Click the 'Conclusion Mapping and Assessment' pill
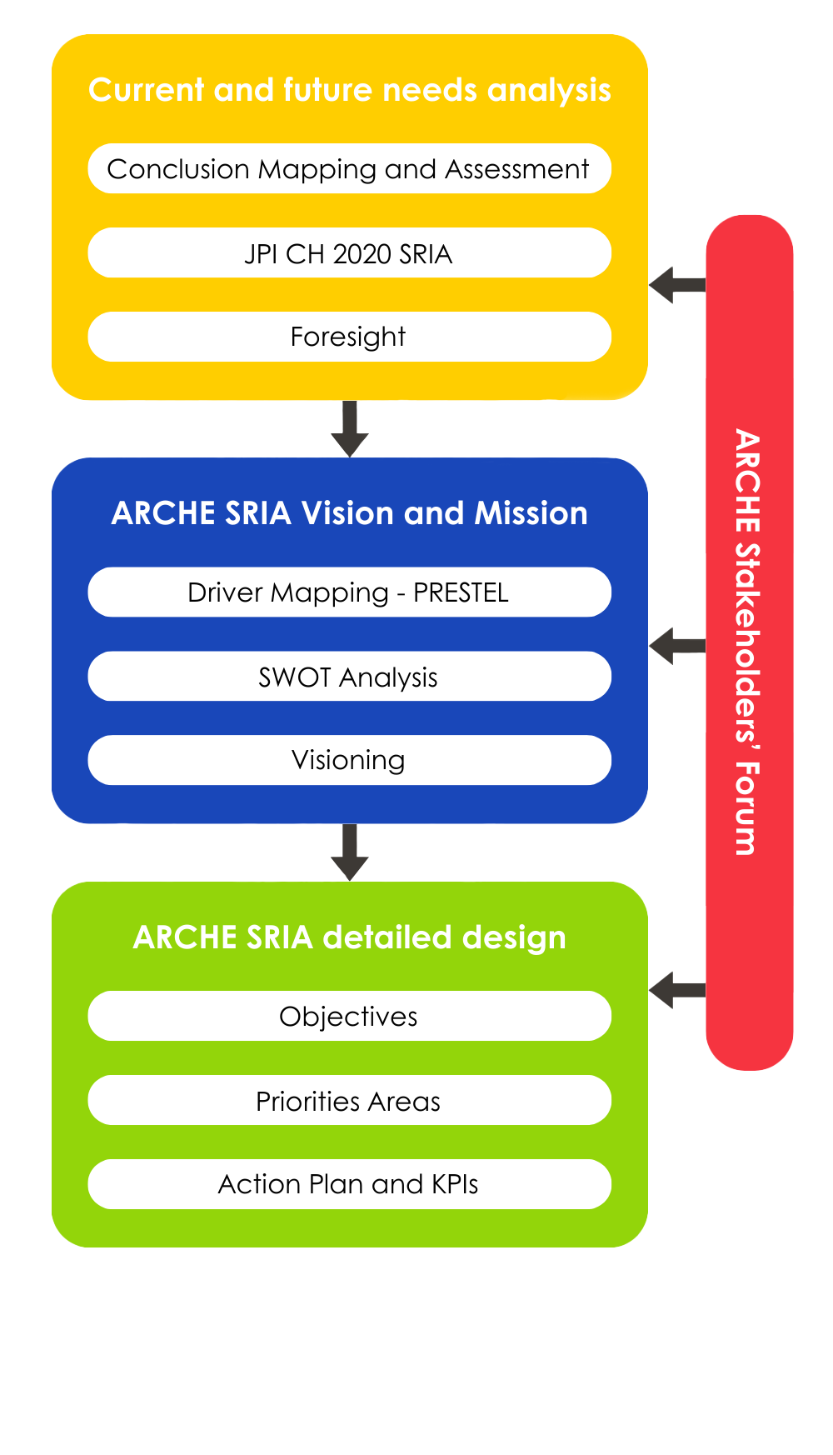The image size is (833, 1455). pos(349,169)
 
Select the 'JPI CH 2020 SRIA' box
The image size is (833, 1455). pos(349,253)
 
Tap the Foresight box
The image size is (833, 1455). pos(349,337)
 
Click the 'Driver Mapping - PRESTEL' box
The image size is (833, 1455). pos(349,592)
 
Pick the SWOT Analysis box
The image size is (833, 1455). pos(349,677)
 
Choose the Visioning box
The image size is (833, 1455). pos(349,760)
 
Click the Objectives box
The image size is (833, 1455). pos(349,1016)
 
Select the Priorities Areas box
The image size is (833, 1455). pos(349,1101)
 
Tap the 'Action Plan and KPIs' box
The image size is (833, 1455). pos(349,1184)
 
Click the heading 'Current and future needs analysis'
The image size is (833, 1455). pos(349,90)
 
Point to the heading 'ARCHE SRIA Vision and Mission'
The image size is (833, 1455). pos(349,513)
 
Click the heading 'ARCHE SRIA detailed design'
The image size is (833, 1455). pos(349,937)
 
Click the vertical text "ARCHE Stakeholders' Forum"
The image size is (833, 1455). pos(747,642)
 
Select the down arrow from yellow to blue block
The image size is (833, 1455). pos(350,428)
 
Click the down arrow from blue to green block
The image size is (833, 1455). pos(350,852)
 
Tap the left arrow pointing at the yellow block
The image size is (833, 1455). pos(676,285)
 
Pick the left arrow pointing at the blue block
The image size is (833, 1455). pos(676,646)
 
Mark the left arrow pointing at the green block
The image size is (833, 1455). pos(676,990)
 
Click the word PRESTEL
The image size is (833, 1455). pos(461,592)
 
